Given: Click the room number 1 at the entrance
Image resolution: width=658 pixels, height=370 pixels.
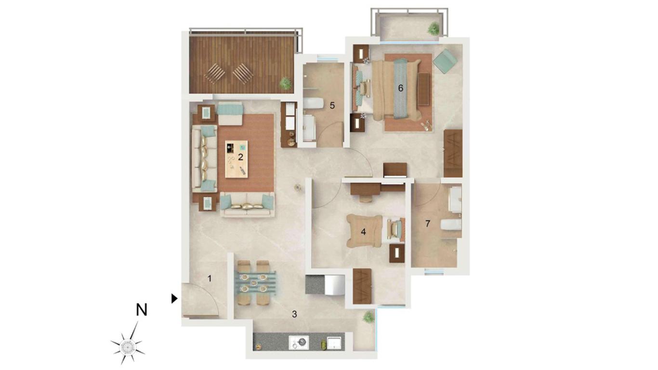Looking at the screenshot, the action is coord(210,278).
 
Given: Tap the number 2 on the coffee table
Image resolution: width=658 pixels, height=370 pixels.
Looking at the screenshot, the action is coord(240,157).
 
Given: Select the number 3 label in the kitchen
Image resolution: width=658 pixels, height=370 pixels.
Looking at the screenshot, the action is coord(294,314).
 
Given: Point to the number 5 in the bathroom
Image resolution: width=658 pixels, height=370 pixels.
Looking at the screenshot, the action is coord(332,106).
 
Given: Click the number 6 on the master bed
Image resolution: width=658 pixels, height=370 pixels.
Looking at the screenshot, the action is coord(400,88).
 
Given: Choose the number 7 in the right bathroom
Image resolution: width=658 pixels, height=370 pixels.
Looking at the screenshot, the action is coord(428,224).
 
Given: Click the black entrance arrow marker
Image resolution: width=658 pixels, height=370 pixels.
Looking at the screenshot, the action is coord(174,299).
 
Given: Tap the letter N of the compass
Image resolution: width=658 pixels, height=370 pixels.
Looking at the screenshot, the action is coord(141,310).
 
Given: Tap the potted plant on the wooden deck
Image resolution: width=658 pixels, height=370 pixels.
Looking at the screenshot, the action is coord(285,83).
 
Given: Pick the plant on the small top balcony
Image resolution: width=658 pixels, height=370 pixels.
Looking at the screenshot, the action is coord(434,29).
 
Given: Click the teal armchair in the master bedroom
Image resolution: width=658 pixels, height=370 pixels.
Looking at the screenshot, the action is coord(446,61).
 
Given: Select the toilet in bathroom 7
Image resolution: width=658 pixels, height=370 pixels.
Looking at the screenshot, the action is coord(450,225).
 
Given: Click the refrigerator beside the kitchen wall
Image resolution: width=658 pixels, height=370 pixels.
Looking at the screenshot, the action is coord(334,284).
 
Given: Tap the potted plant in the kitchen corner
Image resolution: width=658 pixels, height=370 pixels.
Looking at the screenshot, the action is coord(368,317).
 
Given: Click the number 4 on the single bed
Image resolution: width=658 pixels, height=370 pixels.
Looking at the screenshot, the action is coord(363,232).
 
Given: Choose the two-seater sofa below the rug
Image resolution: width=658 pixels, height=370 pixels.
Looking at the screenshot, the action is coord(247,205).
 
